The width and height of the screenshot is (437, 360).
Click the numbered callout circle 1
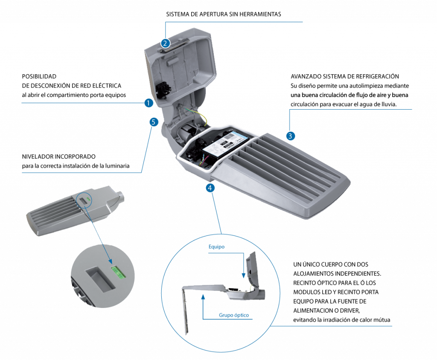click(x=149, y=103)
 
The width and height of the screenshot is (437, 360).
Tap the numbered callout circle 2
click(x=165, y=43)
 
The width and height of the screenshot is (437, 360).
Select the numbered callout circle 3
click(x=290, y=136)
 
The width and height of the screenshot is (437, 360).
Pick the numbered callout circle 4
click(x=210, y=188)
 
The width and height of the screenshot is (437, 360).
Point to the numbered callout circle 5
click(x=154, y=122)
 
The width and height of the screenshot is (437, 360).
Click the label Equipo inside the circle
click(x=216, y=247)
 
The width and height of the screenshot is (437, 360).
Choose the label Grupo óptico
click(x=234, y=315)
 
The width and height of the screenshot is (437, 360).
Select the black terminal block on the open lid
click(x=162, y=88)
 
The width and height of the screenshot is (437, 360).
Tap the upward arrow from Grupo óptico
click(x=203, y=307)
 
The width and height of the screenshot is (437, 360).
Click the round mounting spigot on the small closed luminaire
click(x=120, y=197)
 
